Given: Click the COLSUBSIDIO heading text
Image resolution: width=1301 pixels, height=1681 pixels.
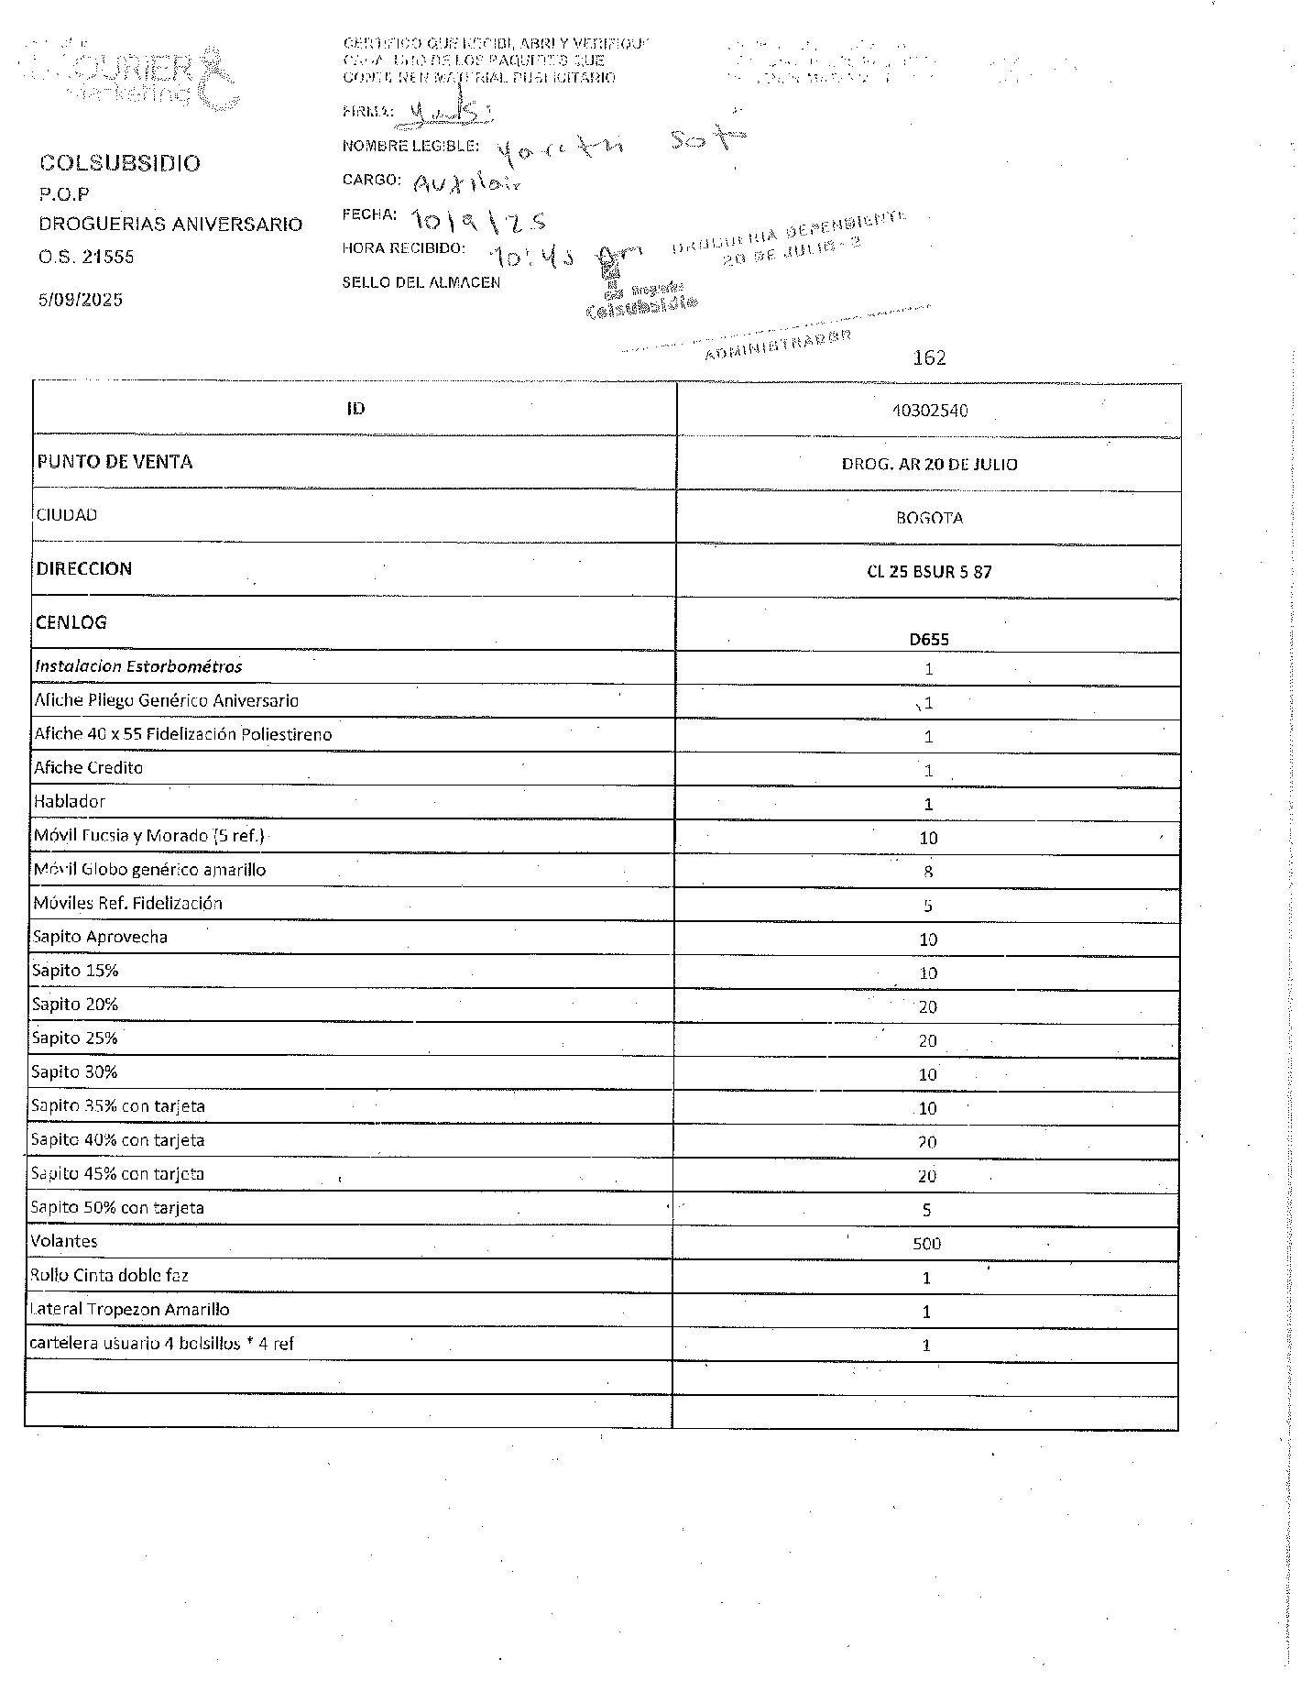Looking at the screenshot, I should [119, 163].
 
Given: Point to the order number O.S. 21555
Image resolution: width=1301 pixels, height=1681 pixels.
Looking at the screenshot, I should [86, 257].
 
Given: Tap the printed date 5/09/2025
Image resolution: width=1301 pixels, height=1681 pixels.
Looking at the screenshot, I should [81, 300].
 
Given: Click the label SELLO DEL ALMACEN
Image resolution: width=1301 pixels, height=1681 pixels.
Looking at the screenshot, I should [421, 282].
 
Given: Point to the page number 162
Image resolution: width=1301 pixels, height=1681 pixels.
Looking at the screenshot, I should [929, 357].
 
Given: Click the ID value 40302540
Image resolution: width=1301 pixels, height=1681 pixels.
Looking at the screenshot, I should [929, 411].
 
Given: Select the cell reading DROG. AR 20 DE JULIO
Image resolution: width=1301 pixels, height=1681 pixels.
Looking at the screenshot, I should [929, 465].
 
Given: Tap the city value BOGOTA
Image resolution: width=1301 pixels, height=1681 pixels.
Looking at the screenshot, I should [929, 518].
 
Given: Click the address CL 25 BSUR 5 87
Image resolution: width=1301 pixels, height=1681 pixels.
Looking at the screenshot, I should [929, 572].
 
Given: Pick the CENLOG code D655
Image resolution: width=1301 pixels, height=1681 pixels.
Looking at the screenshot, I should [929, 639].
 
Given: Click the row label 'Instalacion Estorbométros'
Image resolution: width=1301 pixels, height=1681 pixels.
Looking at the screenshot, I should [138, 666].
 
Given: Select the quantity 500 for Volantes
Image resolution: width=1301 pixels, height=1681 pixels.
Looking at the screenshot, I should [926, 1244].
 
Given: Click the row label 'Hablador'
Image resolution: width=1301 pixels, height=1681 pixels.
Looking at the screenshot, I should [70, 801].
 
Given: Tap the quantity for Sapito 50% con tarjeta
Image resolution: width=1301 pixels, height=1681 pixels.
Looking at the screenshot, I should [926, 1210].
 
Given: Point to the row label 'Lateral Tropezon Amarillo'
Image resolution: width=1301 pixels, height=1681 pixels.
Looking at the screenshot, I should [130, 1309].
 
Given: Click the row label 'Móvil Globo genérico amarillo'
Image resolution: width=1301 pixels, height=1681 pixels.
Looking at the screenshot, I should [149, 869].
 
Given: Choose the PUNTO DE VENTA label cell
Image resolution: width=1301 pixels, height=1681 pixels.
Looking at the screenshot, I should [115, 462].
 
